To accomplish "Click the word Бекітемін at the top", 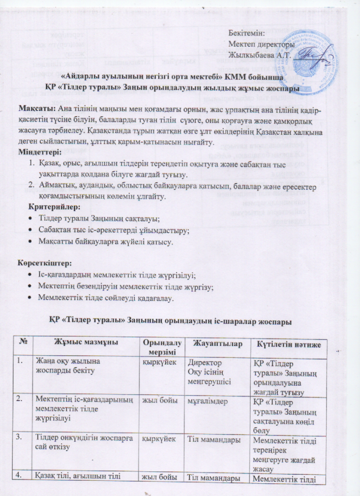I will click(x=247, y=34).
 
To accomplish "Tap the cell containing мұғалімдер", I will click(x=204, y=401).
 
